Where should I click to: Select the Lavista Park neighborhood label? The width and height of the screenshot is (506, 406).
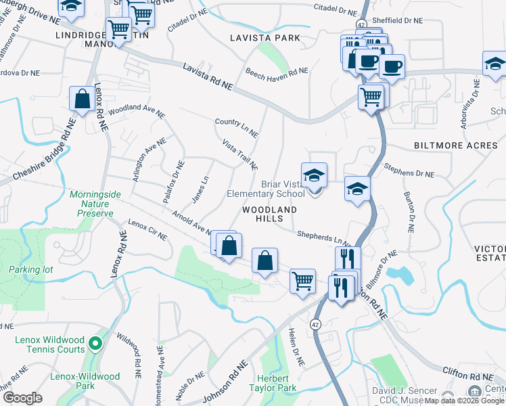click(264, 38)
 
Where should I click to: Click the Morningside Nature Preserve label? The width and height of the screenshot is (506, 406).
click(95, 204)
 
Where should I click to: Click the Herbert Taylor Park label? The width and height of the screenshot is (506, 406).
click(277, 383)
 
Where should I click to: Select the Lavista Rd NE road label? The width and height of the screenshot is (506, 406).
click(208, 76)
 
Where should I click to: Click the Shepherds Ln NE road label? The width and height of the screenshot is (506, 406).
click(324, 238)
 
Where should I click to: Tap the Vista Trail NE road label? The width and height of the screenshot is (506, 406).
click(240, 155)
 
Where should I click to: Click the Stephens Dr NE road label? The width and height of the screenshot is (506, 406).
click(409, 169)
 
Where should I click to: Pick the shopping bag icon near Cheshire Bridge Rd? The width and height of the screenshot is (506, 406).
click(82, 99)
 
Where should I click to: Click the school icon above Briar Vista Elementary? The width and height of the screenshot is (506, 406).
click(314, 175)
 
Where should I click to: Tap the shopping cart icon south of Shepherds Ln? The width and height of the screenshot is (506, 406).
click(302, 280)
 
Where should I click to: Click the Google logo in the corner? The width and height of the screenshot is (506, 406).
click(23, 398)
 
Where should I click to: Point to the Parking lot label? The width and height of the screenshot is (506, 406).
click(30, 269)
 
